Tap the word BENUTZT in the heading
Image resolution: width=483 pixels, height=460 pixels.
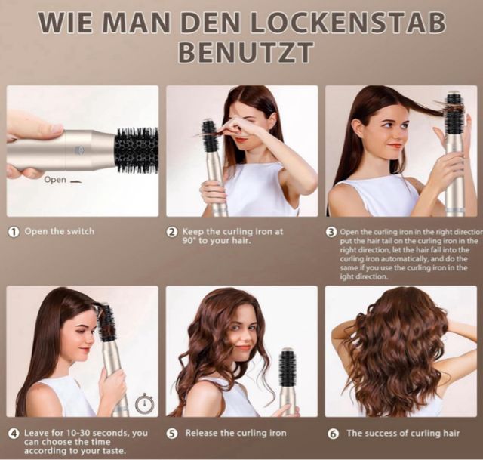coord(246,51)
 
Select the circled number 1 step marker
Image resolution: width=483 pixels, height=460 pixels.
coord(14,232)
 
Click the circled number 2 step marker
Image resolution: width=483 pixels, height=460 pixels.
coord(172,232)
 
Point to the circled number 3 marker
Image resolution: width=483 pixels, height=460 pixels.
coord(331,232)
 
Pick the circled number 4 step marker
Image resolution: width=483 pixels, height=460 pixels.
coord(14,434)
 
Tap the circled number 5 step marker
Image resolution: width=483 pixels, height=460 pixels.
coord(172,434)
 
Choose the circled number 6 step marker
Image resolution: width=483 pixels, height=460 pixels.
coord(333,434)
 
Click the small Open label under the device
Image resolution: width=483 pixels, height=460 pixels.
coord(55,180)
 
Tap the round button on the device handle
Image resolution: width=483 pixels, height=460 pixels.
coord(78,150)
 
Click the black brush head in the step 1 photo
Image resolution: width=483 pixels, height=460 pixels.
coord(137,151)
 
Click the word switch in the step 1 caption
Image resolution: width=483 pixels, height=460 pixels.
coord(82,231)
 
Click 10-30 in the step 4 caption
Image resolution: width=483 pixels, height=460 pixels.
coord(78,433)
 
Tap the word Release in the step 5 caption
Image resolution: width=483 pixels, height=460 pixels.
coord(202,433)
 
